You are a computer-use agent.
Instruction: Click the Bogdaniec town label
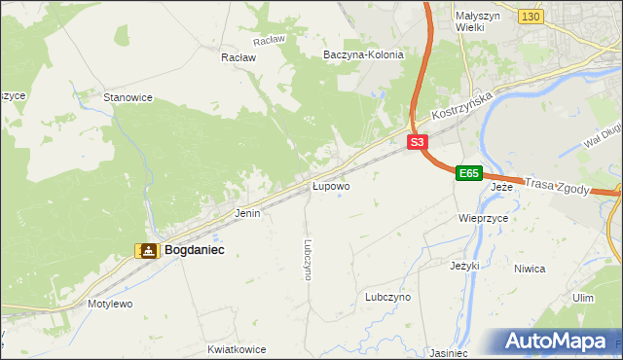[195, 250]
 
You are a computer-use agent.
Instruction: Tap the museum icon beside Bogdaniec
[147, 251]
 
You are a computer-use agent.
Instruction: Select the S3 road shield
[417, 142]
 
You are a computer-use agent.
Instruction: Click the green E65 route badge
[468, 173]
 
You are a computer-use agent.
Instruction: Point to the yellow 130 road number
[530, 17]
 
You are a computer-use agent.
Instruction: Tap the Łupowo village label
[331, 185]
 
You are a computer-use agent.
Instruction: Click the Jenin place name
[247, 212]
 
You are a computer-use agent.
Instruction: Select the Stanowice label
[128, 97]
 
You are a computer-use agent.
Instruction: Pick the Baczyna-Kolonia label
[363, 55]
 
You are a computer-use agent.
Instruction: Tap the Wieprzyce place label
[484, 219]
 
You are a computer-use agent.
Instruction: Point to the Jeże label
[501, 186]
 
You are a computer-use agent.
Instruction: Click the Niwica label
[556, 269]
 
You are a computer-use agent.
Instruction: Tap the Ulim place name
[583, 297]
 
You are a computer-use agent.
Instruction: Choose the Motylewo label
[110, 304]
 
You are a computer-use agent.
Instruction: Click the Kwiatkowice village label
[237, 347]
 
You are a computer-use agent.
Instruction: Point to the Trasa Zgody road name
[557, 186]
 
